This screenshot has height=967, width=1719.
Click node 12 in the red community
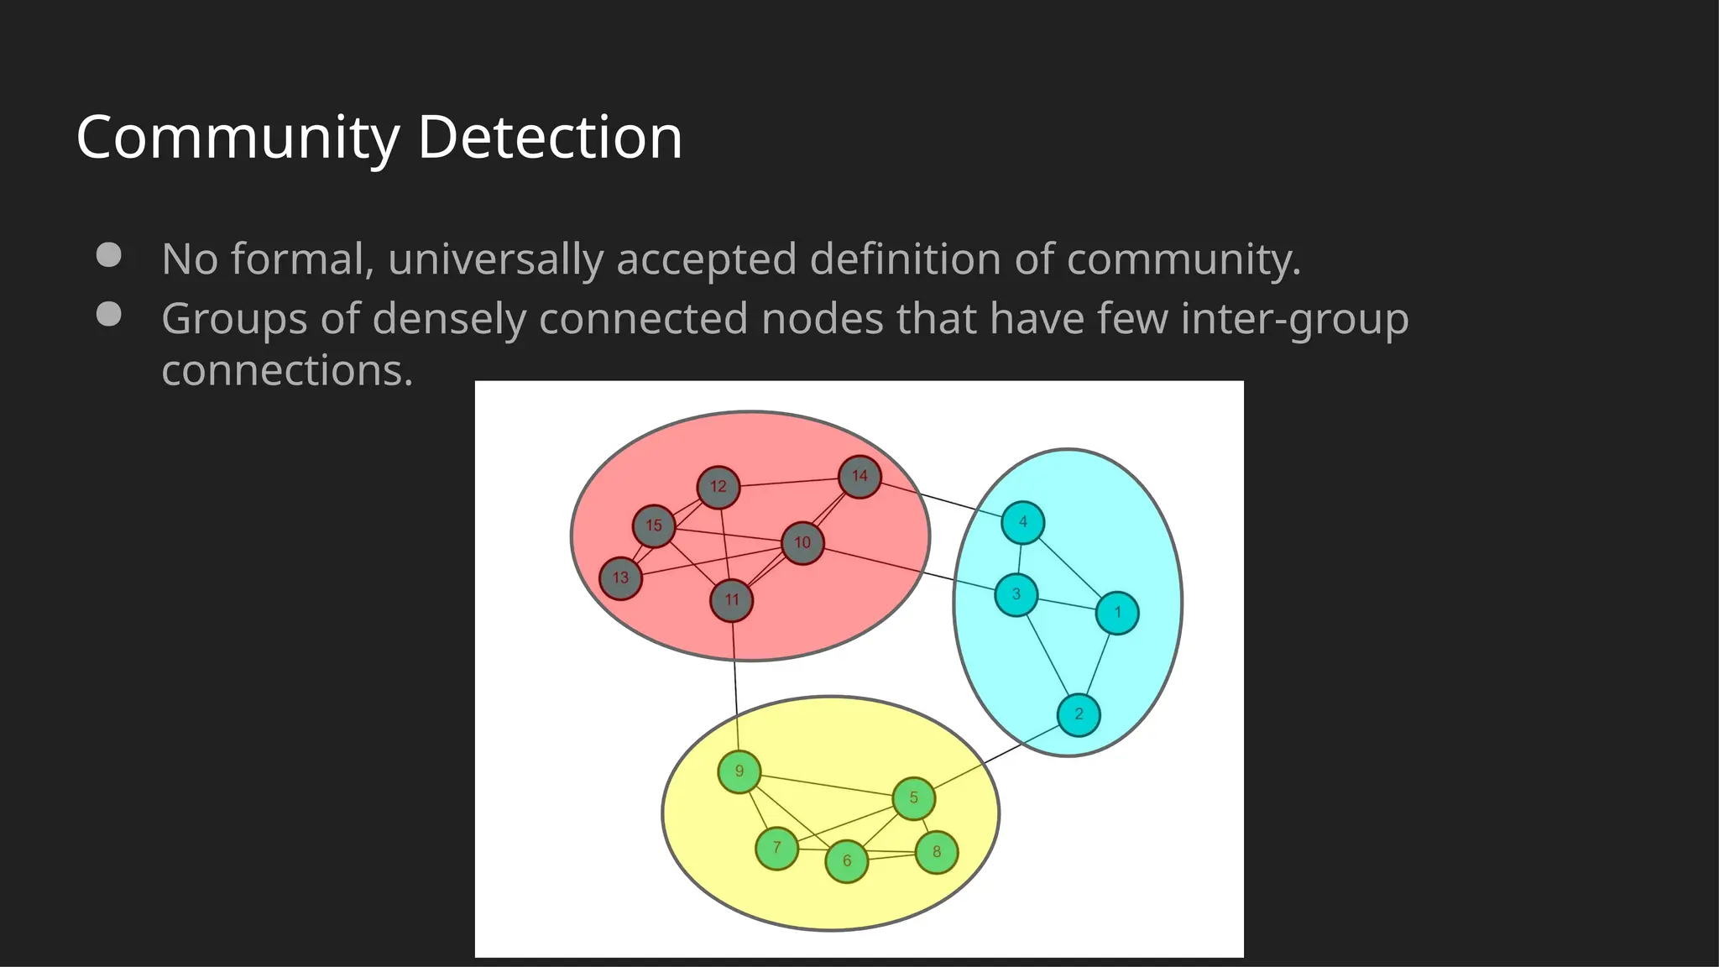[718, 487]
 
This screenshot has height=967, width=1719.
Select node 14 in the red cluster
[859, 477]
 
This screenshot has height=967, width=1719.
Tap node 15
[654, 526]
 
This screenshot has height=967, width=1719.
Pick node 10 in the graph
[802, 543]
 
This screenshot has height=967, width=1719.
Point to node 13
[620, 578]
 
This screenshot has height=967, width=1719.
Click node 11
[731, 600]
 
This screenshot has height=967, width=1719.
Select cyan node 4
[1022, 522]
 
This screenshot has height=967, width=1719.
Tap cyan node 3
[1016, 594]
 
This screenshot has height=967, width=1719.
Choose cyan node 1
[1117, 613]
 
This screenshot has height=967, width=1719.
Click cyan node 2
[1079, 715]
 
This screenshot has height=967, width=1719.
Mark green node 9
[739, 772]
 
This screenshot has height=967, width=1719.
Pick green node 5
[913, 798]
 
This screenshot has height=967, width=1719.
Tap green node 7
[776, 848]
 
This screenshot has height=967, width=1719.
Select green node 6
[846, 861]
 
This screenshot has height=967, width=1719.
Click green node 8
[937, 852]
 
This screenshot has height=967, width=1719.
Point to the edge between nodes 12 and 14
[789, 482]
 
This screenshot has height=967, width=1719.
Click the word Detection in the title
[550, 137]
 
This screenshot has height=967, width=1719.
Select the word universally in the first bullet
[495, 259]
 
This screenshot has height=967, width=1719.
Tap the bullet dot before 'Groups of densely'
[108, 314]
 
